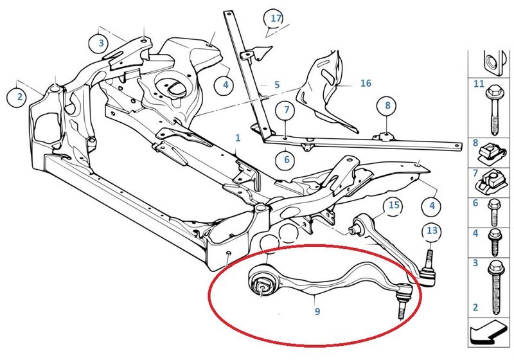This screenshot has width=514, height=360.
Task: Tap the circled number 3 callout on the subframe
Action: click(x=101, y=43)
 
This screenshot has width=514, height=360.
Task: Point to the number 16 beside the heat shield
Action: click(x=366, y=84)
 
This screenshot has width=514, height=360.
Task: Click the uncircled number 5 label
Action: click(x=277, y=85)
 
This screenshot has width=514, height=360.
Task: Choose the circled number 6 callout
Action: click(x=287, y=159)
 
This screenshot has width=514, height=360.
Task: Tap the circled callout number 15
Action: click(x=394, y=206)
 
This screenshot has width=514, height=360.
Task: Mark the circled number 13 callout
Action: click(x=432, y=231)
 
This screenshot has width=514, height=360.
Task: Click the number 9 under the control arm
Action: click(x=317, y=311)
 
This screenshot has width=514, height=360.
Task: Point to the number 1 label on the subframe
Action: click(x=238, y=138)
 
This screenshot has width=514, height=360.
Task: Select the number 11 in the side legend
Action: click(x=479, y=84)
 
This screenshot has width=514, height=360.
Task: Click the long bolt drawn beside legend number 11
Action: click(x=494, y=110)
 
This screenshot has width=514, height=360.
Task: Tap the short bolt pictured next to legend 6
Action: click(x=493, y=213)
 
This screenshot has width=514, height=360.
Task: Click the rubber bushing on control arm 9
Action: click(x=262, y=284)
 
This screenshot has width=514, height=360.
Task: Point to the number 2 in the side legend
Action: click(x=475, y=307)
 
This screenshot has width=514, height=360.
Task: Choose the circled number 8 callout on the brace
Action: click(x=387, y=105)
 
